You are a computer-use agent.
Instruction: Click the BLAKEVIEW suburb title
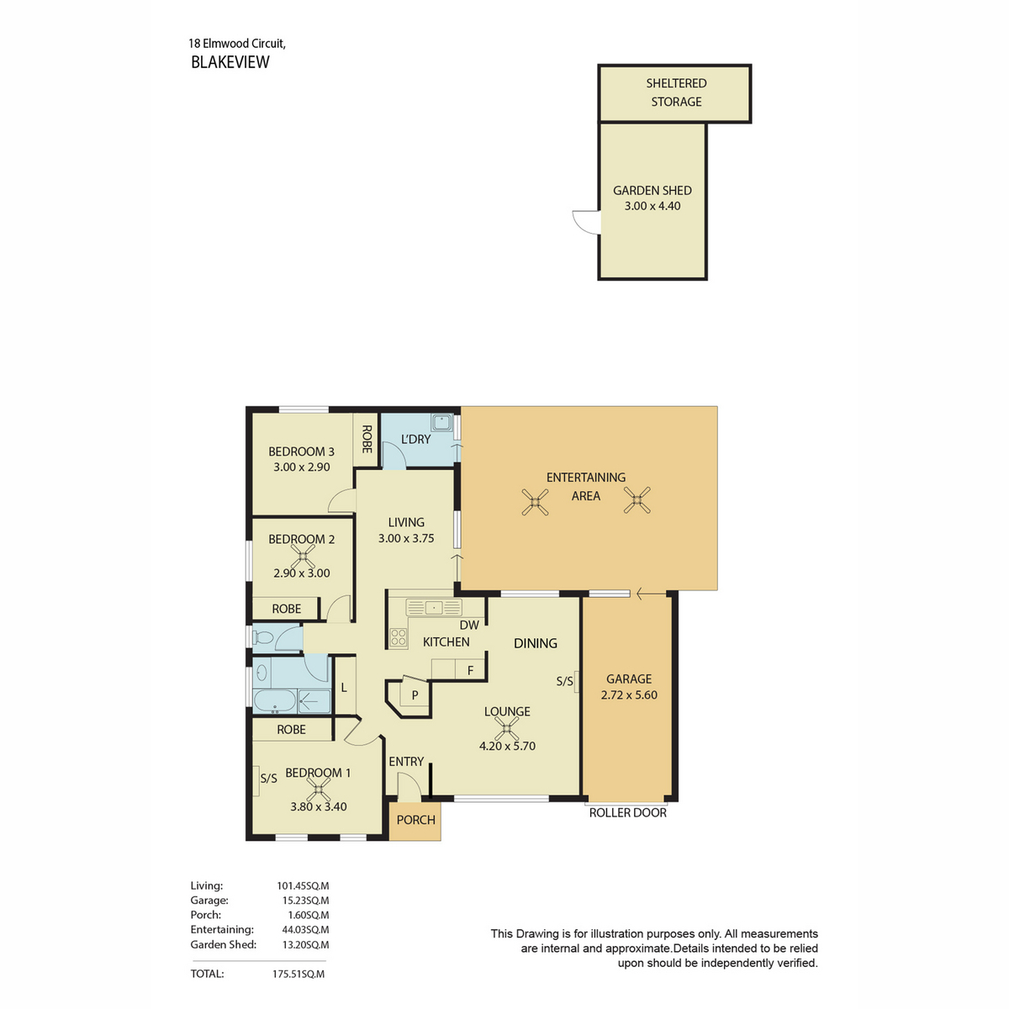coord(230,61)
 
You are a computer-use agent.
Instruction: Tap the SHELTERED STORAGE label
coord(675,92)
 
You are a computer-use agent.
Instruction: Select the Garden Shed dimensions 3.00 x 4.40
coord(652,206)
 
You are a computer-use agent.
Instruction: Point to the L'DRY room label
coord(415,439)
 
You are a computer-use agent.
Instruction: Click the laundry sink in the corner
coord(441,422)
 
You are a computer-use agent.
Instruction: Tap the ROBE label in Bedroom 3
coord(367,439)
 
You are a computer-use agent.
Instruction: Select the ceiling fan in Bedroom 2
coord(302,556)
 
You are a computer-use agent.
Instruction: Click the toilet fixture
coord(262,637)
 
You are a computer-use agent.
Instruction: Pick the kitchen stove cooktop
coord(398,637)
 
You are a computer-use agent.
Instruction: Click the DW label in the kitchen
coord(469,625)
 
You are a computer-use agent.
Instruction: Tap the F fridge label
coord(470,670)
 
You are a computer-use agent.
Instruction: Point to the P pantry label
coord(415,695)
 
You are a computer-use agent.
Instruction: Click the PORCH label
coord(415,820)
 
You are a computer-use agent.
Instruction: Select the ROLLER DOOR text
coord(627,812)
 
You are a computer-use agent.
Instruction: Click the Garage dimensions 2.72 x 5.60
coord(628,695)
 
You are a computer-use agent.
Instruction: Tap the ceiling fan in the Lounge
coord(506,728)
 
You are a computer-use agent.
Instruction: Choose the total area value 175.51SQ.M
coord(298,974)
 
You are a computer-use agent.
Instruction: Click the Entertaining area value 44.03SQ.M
coord(305,929)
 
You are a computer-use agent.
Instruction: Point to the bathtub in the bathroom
coord(274,700)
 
